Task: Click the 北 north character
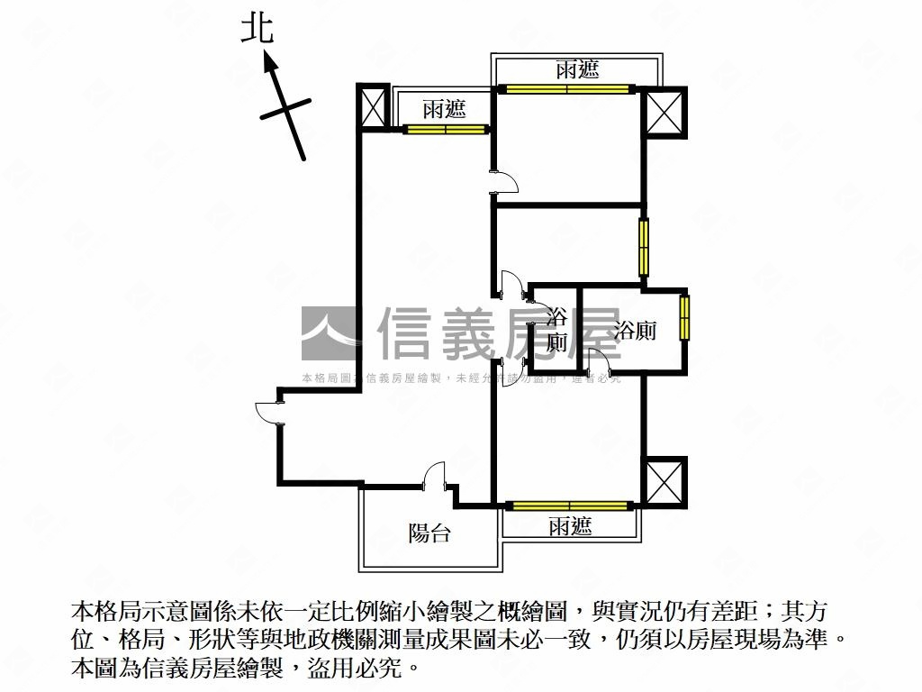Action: (x=257, y=31)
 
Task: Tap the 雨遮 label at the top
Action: (x=577, y=69)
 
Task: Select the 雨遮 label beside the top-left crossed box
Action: (x=444, y=110)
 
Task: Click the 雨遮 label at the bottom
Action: (x=570, y=526)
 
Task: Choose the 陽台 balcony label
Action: (x=429, y=533)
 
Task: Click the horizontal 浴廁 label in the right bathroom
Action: (x=636, y=331)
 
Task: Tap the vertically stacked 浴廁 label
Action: (x=556, y=330)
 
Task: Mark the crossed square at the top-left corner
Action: (x=372, y=108)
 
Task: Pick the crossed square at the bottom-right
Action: (x=664, y=481)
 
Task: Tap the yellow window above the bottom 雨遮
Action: (x=567, y=506)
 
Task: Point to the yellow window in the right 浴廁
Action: (x=684, y=317)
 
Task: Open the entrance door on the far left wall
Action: (x=270, y=412)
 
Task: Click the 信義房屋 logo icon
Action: (x=330, y=333)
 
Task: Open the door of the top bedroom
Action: (x=504, y=183)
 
